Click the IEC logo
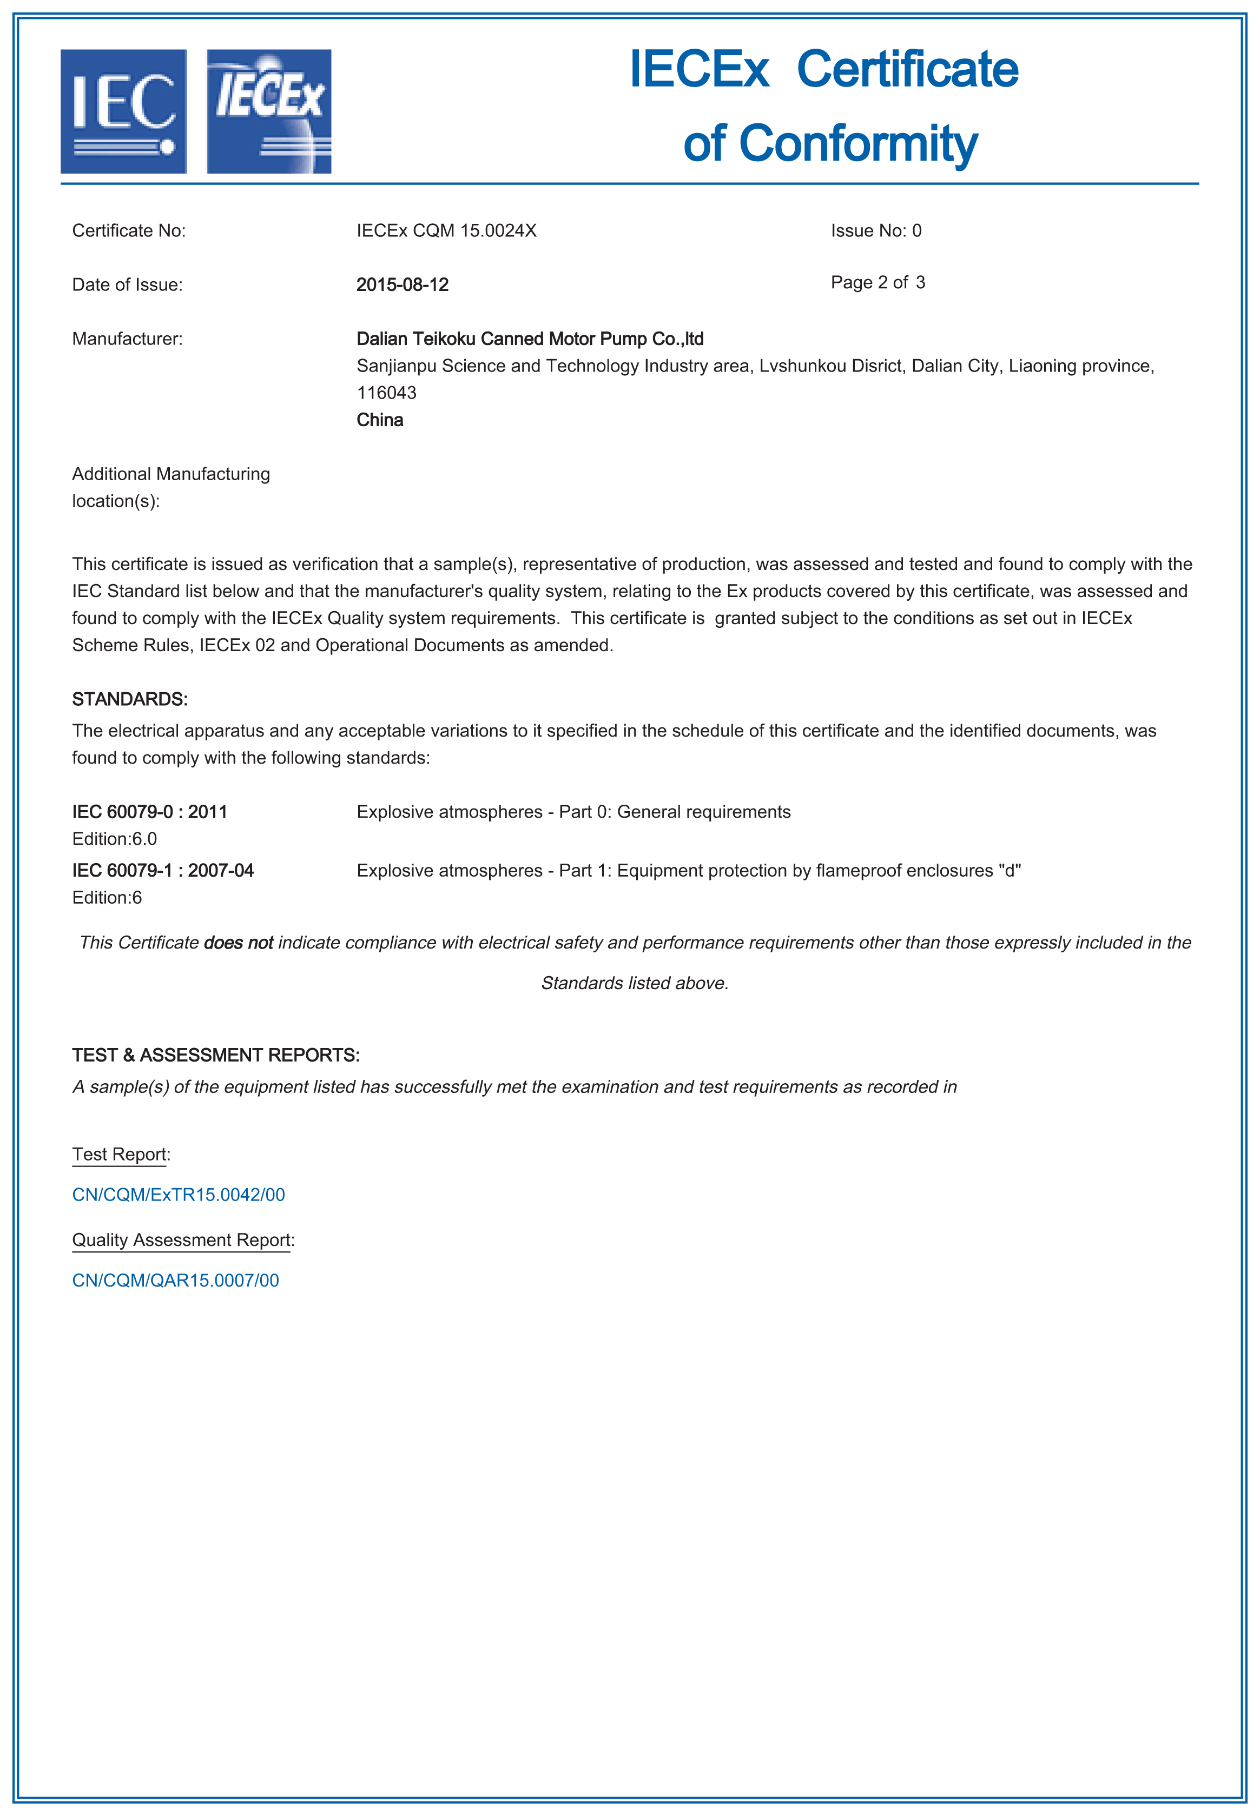(124, 111)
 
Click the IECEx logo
(269, 111)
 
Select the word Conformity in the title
(857, 144)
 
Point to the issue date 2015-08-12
(402, 285)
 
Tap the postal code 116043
(386, 392)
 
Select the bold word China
(380, 420)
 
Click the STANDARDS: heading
(129, 699)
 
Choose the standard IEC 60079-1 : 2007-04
(163, 871)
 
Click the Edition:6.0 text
(115, 838)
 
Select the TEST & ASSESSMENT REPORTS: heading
(215, 1055)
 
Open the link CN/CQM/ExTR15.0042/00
(179, 1195)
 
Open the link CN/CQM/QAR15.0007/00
(175, 1280)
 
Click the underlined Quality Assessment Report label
(182, 1240)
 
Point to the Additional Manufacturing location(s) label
(170, 487)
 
